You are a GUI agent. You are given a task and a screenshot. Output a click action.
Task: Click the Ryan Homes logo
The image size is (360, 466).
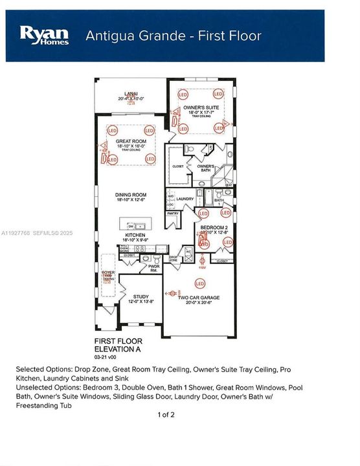point(45,35)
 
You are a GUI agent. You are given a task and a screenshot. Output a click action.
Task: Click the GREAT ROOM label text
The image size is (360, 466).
point(131,141)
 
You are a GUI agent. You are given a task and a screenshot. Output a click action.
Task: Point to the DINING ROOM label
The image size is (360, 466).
point(131,195)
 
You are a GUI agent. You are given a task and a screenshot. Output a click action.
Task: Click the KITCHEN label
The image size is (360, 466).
point(131,237)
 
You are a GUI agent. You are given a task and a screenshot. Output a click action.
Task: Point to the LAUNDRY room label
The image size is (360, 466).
point(186,199)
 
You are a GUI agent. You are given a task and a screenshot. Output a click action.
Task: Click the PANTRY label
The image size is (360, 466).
point(173,213)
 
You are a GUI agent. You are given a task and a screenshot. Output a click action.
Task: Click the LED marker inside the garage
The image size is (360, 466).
point(200,282)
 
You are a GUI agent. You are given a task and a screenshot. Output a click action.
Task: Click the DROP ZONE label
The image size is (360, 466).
point(174,258)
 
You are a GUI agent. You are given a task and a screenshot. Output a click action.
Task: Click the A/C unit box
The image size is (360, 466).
point(188,251)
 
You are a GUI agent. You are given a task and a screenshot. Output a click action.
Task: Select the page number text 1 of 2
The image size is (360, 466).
point(166,413)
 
